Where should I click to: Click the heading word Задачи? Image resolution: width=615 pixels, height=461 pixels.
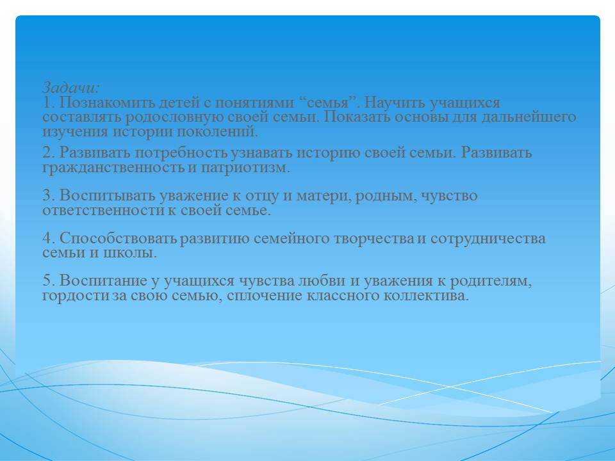(x=71, y=87)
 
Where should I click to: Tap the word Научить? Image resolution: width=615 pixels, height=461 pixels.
(x=395, y=102)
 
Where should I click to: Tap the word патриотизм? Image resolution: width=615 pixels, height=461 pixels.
(x=245, y=168)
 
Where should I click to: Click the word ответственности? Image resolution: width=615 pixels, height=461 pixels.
(x=104, y=211)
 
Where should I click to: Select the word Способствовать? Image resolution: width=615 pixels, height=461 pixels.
(x=119, y=238)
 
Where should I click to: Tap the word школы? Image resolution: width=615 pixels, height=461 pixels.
(x=130, y=253)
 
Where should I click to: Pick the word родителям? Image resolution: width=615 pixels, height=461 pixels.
(x=491, y=280)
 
